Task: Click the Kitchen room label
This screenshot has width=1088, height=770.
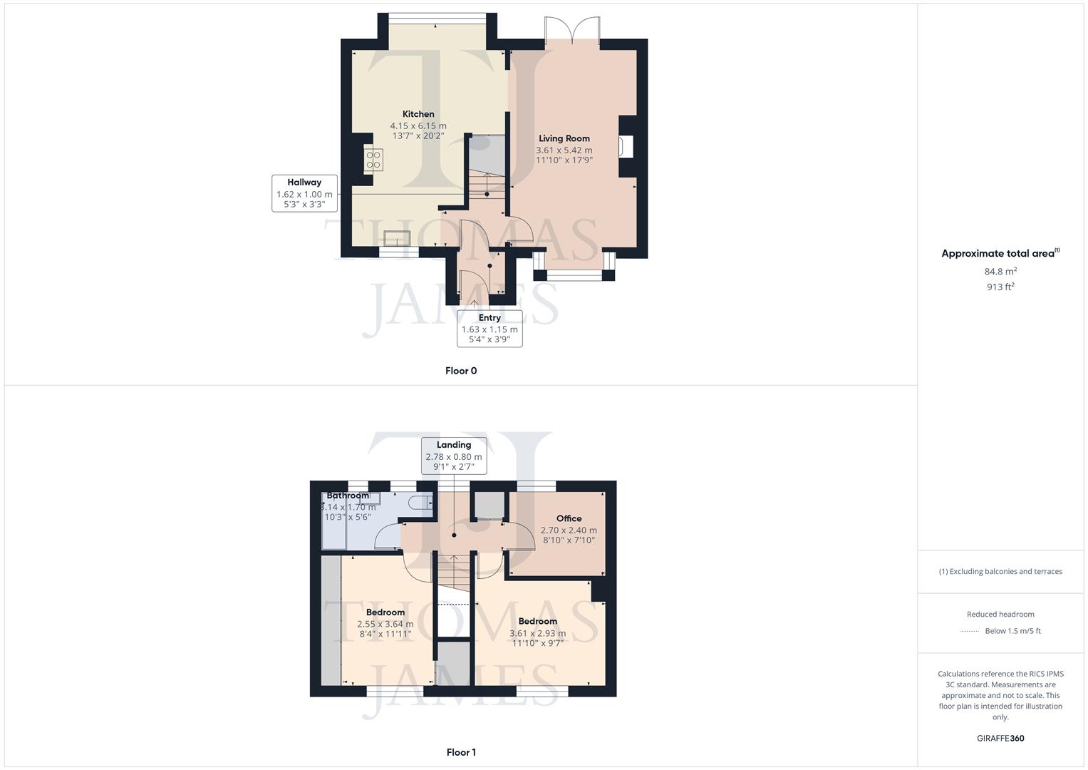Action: [418, 114]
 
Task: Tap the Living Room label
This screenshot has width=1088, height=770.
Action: [564, 138]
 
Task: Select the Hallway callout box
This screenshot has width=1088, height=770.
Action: [304, 193]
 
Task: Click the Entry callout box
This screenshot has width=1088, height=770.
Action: [489, 329]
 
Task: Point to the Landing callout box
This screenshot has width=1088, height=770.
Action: [454, 456]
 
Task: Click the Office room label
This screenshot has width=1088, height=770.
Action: [569, 518]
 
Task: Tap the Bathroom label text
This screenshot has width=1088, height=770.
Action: [348, 496]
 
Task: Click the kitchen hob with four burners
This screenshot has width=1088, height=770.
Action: [374, 160]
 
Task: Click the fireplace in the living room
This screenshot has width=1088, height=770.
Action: [625, 146]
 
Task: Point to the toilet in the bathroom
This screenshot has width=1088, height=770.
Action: [420, 503]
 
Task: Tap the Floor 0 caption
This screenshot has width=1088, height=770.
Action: [461, 371]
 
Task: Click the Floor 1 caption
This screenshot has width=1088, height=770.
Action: [461, 752]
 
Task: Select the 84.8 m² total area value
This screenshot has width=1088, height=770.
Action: [1000, 272]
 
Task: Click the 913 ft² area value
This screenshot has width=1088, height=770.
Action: [1000, 287]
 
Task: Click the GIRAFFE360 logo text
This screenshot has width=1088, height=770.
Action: [1000, 739]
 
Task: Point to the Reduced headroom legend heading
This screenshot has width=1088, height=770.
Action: [1000, 614]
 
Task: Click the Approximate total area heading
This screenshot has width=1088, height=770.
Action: [999, 254]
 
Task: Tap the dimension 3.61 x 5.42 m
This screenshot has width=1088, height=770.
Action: [564, 150]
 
